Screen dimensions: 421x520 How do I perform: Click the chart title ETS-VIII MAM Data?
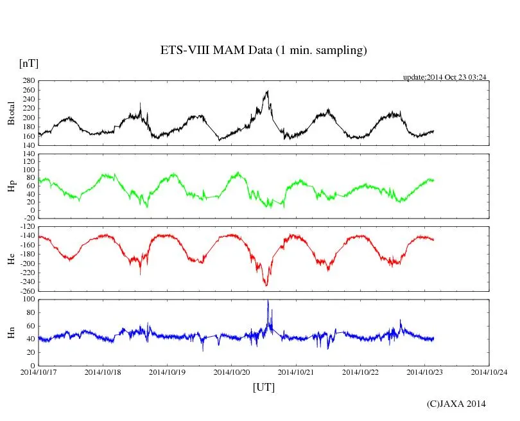[x=263, y=51]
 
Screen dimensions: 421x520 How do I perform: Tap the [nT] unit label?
[x=28, y=64]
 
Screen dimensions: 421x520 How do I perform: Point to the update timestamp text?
[x=444, y=77]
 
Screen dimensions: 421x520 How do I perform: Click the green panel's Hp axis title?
[x=11, y=186]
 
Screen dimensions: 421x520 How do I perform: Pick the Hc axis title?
[x=11, y=258]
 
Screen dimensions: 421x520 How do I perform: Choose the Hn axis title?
[x=11, y=332]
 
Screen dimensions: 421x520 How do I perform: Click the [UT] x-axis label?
[x=263, y=387]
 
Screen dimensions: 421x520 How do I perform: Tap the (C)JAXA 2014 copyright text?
[x=456, y=404]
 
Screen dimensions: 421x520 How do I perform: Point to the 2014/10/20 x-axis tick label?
[x=232, y=372]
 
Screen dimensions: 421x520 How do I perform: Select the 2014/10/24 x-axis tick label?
[x=489, y=372]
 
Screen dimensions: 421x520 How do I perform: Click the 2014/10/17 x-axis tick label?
[x=39, y=372]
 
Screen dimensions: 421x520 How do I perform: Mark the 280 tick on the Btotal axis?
[x=28, y=81]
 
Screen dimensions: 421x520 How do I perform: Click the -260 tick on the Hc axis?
[x=27, y=291]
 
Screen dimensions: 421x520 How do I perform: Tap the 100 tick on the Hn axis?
[x=28, y=300]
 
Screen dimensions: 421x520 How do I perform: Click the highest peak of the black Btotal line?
[x=267, y=91]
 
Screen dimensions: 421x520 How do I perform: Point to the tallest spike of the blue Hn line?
[x=268, y=300]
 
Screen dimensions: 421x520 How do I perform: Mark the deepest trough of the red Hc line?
[x=266, y=285]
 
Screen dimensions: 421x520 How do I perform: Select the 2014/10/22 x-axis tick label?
[x=361, y=372]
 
